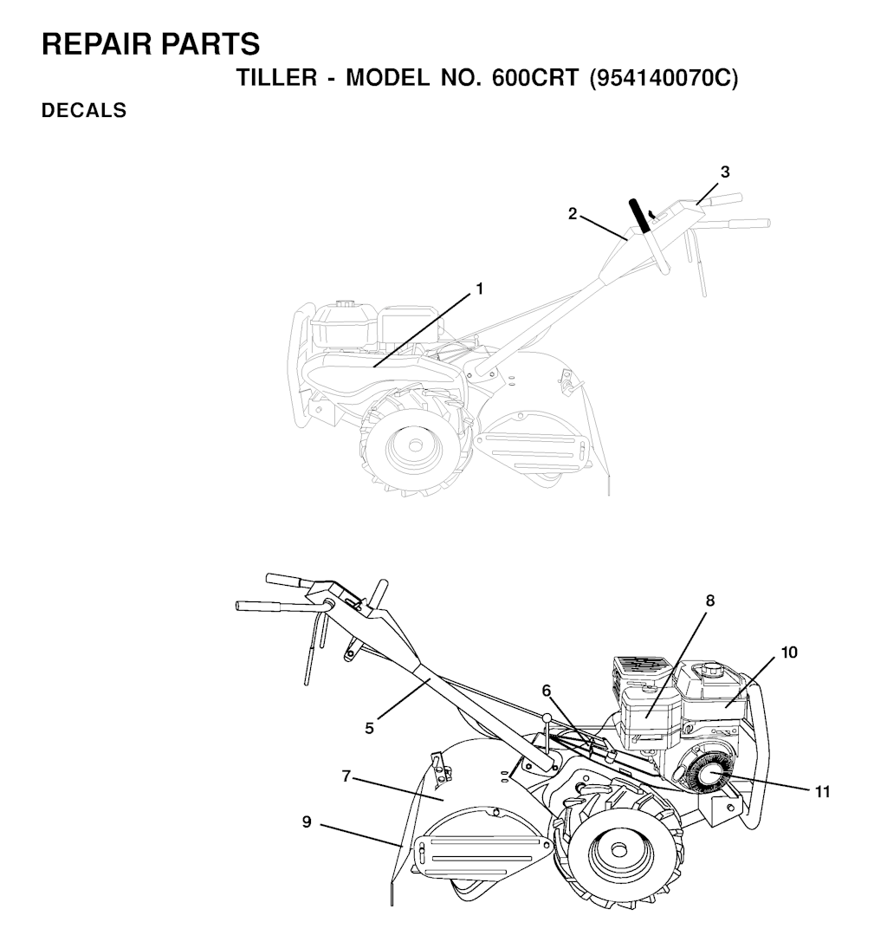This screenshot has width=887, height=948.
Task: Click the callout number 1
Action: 480,289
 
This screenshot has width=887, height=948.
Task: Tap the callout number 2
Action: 573,214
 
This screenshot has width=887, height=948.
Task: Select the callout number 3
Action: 725,172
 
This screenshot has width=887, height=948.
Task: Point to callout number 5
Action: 369,728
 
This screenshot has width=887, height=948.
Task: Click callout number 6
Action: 547,691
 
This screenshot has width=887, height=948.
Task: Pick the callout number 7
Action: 346,776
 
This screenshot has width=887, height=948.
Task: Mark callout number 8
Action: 710,601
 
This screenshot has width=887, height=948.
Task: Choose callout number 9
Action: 307,821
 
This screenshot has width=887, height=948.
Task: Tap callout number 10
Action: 789,653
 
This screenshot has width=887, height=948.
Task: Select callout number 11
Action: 822,791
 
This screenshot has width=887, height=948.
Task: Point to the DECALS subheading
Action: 84,111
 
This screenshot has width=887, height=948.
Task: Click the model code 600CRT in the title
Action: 535,78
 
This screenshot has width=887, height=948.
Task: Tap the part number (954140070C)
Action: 664,79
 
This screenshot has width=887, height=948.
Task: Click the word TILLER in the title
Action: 276,78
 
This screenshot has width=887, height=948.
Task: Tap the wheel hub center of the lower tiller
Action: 618,849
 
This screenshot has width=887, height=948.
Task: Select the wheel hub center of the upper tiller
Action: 415,445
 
